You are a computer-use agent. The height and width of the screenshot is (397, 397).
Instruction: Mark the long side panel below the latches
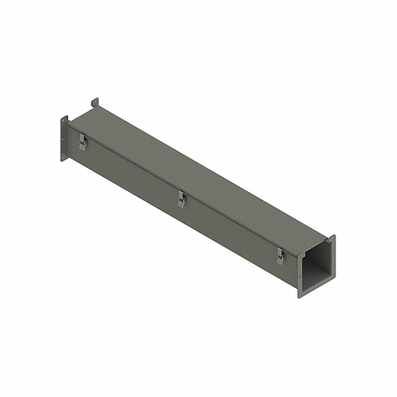tap(179, 222)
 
